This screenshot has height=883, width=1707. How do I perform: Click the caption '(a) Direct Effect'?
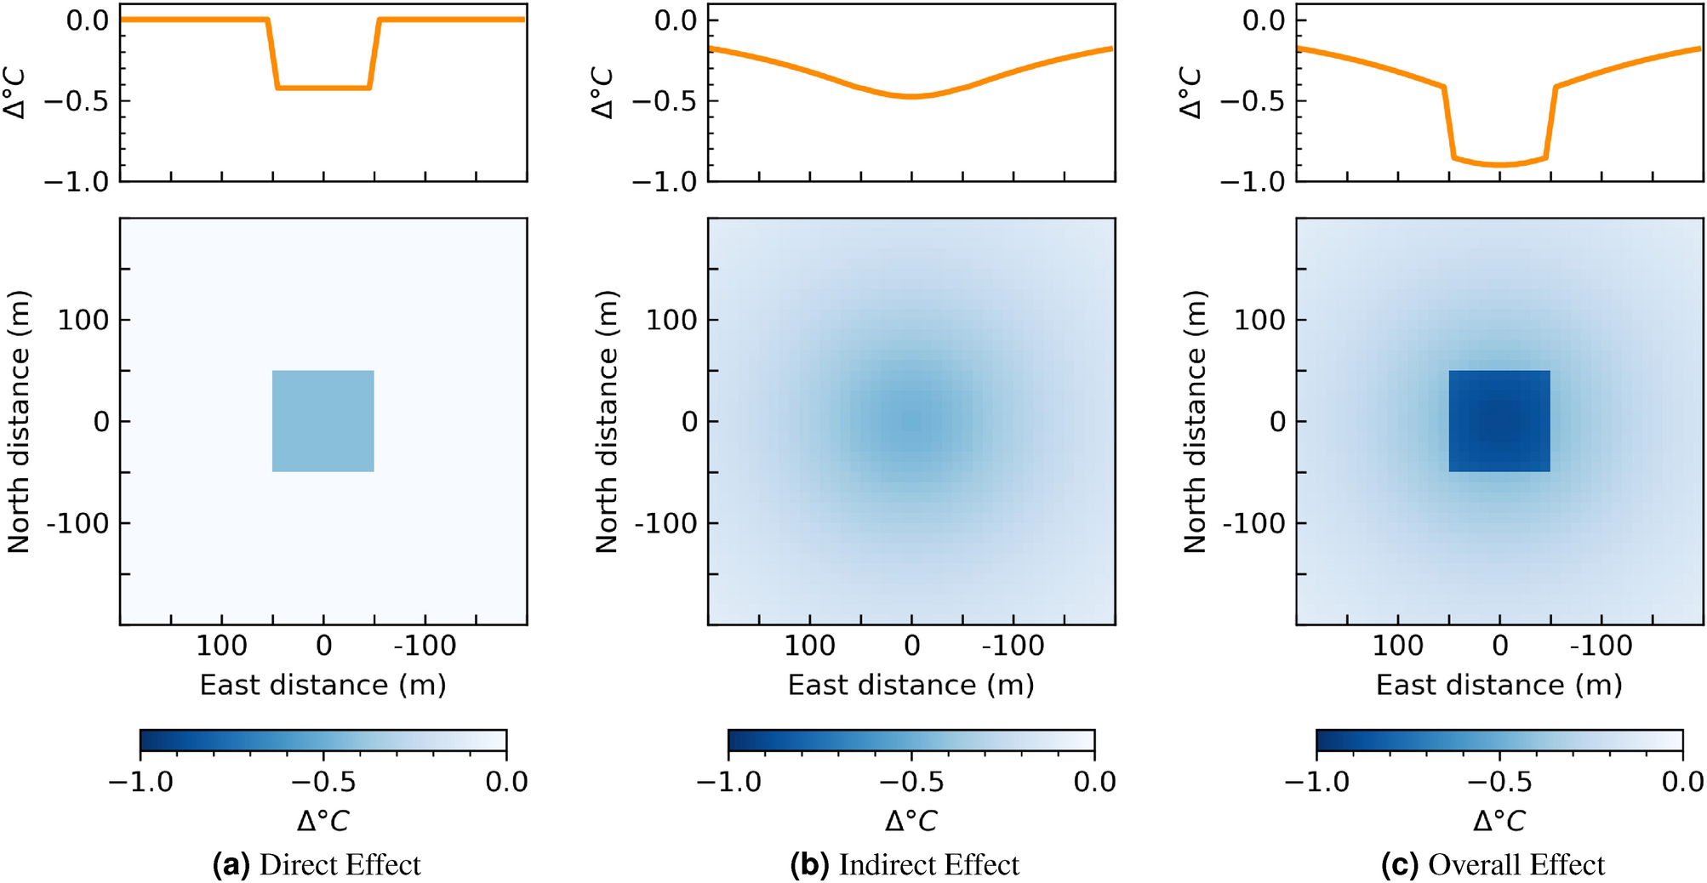click(x=317, y=864)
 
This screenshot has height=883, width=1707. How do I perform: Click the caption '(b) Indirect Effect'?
click(x=905, y=864)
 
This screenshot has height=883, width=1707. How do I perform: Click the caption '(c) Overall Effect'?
click(x=1493, y=864)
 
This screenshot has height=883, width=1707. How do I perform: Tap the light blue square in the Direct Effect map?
click(x=323, y=421)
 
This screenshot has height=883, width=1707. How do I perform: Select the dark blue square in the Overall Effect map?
click(x=1499, y=421)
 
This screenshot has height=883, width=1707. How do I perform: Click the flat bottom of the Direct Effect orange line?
click(x=323, y=88)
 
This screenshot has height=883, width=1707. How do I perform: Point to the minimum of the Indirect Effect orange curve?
click(x=911, y=97)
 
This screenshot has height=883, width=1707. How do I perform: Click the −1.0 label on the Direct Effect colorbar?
click(x=141, y=781)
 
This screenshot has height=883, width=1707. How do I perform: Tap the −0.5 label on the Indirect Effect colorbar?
click(x=911, y=781)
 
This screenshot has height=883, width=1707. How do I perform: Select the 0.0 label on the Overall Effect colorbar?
click(x=1682, y=781)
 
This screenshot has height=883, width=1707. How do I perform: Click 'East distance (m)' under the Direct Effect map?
click(x=323, y=685)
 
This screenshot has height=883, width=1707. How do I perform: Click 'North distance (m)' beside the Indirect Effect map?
click(x=607, y=422)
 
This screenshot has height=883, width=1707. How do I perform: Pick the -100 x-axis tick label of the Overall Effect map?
click(x=1601, y=646)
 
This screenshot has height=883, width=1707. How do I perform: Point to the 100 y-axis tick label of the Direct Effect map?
click(x=83, y=320)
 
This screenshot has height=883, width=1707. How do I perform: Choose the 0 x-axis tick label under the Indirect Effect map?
click(x=911, y=646)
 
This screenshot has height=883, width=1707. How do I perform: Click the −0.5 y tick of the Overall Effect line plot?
click(x=1254, y=101)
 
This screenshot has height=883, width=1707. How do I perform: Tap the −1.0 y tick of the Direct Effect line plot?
click(x=77, y=181)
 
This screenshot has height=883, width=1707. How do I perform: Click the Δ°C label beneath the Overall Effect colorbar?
click(x=1499, y=821)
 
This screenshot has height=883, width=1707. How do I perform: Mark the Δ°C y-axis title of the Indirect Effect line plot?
click(x=602, y=94)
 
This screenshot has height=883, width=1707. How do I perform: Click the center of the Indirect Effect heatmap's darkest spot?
click(x=911, y=421)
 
